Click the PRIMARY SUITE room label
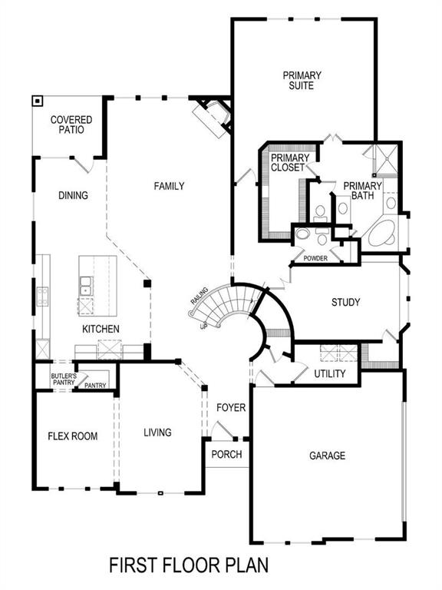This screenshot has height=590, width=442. point(302,81)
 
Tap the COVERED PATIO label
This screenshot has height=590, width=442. point(71,125)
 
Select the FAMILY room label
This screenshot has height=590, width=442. point(169,186)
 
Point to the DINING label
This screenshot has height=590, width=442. point(73,195)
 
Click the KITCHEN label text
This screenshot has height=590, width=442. point(101,329)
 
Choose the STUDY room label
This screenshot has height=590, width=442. point(345,302)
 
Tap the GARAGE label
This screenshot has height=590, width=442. point(327,456)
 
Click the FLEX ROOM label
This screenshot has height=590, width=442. point(73,436)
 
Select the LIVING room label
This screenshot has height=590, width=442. point(157,433)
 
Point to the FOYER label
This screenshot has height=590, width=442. point(231,407)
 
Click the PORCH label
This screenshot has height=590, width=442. point(226,454)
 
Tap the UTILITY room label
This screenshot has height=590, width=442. point(330,374)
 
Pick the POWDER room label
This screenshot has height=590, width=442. point(315,258)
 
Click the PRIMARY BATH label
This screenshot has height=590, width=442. point(362,191)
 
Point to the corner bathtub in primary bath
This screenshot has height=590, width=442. point(381,234)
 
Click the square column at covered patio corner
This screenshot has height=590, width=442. point(36,101)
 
